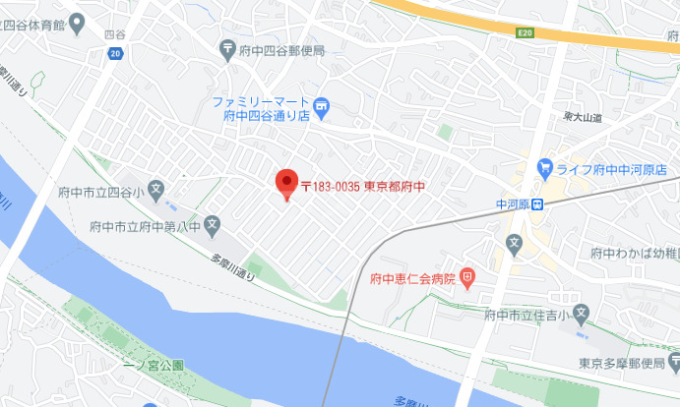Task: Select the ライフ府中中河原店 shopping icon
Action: point(544,168)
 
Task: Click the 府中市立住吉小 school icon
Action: point(581,315)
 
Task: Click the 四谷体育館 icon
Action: point(74,24)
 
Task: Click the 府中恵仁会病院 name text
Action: point(413,279)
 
